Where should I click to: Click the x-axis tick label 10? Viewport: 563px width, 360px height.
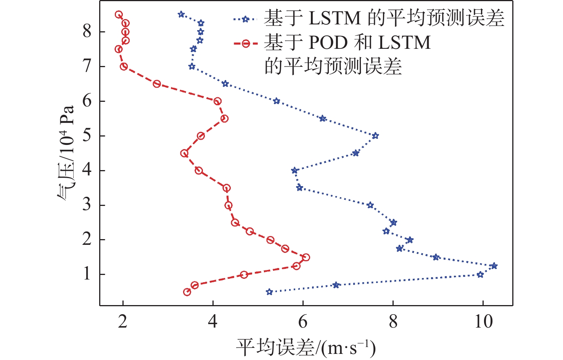483,321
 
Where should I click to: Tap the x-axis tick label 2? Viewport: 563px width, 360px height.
122,321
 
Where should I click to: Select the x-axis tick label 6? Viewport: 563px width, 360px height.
303,321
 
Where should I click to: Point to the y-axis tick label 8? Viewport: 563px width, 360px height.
87,31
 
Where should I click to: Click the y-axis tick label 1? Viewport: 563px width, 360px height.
87,274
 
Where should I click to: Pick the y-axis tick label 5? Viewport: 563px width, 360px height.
87,135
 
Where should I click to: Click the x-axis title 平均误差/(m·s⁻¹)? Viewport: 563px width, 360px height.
306,347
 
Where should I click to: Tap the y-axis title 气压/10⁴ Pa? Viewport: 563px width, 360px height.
66,153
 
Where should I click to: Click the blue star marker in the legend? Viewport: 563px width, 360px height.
246,19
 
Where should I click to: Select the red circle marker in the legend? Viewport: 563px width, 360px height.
246,43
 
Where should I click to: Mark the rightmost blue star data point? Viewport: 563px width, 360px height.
494,266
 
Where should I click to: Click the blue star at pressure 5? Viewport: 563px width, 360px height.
375,136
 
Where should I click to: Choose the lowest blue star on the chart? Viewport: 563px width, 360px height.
269,292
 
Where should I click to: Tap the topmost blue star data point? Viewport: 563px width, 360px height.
181,14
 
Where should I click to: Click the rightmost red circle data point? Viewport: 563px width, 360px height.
306,257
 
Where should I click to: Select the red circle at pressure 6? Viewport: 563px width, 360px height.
217,101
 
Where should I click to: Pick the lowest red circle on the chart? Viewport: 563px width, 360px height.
187,292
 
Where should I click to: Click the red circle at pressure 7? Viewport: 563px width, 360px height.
124,66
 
